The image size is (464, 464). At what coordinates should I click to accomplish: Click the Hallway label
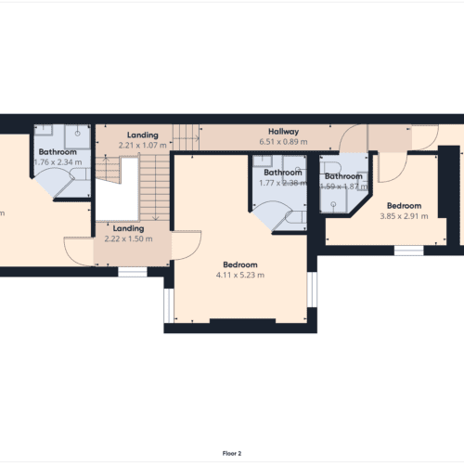(x=283, y=133)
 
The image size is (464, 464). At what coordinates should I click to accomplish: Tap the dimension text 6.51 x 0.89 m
(x=283, y=144)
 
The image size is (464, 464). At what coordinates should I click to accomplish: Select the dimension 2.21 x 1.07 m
(x=143, y=146)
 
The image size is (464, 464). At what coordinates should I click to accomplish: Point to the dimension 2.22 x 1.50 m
(x=130, y=238)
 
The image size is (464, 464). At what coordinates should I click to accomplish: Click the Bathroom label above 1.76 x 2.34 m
(x=58, y=151)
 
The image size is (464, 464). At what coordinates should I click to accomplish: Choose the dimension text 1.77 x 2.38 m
(x=282, y=183)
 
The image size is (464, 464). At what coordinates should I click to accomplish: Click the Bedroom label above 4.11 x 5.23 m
(x=240, y=264)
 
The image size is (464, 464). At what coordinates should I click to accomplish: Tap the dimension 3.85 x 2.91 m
(x=404, y=216)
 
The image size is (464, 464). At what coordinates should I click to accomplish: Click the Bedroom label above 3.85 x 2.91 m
(x=404, y=205)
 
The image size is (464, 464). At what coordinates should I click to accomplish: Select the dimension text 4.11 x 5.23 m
(x=240, y=275)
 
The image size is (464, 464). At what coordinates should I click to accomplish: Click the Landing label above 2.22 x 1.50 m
(x=130, y=227)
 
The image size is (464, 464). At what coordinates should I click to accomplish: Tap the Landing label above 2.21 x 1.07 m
(x=143, y=135)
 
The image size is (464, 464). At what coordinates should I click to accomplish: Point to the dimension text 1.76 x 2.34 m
(x=58, y=162)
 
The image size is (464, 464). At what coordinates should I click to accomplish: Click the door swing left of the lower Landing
(x=79, y=248)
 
